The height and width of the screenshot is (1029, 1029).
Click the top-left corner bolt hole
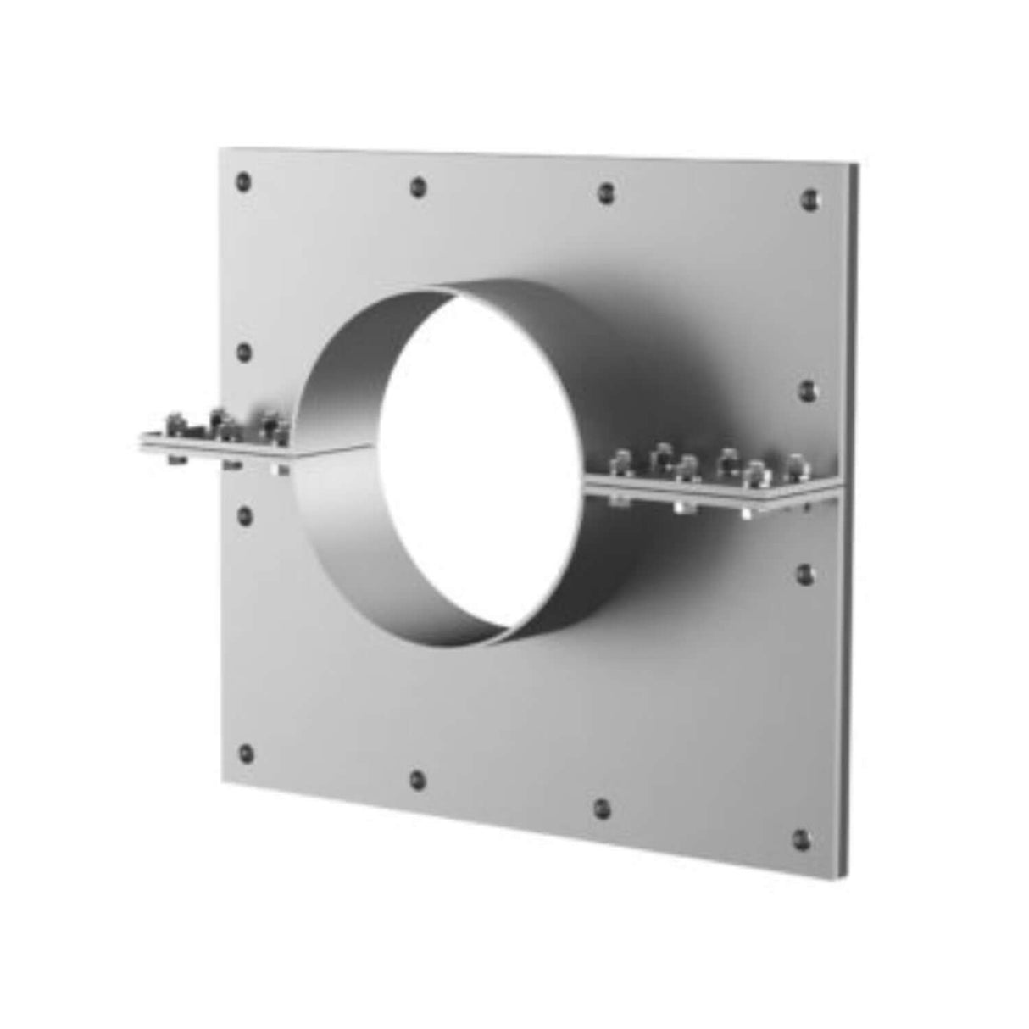click(x=244, y=180)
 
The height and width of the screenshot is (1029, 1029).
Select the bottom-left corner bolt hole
click(x=246, y=752)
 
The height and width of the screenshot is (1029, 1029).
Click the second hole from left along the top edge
click(x=417, y=186)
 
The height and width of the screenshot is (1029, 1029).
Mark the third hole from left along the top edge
click(x=604, y=192)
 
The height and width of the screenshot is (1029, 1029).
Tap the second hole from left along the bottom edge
click(x=417, y=779)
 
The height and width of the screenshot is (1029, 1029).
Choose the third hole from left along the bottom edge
click(x=601, y=808)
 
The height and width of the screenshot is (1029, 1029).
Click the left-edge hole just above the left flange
click(x=245, y=351)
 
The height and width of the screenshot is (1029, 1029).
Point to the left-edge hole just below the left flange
click(x=246, y=514)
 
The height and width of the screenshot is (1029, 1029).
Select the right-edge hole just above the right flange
click(x=807, y=389)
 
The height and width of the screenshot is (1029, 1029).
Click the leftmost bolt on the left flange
click(x=173, y=421)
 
